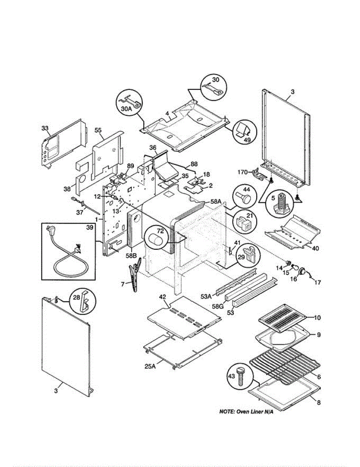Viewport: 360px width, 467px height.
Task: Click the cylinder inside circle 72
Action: tap(157, 239)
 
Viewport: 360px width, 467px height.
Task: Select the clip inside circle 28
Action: tap(83, 301)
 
